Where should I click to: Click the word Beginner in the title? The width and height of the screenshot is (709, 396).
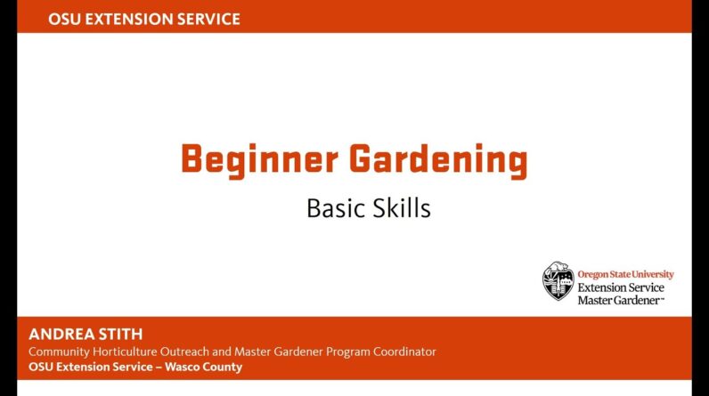pos(259,160)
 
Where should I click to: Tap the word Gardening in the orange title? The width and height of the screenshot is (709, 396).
pos(438,160)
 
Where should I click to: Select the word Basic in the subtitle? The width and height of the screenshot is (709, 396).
pos(336,208)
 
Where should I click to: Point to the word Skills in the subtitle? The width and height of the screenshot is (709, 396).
pos(402,208)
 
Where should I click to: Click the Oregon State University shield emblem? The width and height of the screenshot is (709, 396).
pos(558,281)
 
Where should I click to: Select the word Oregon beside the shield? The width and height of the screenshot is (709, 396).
pos(592,275)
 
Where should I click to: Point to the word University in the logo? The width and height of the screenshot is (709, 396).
pos(653,274)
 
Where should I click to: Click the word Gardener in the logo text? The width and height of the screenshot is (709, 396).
pos(640,300)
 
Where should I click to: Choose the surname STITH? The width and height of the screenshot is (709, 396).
pos(121,334)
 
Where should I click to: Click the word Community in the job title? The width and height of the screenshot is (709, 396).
pos(60,352)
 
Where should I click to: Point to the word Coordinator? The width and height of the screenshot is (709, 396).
pos(404,352)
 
